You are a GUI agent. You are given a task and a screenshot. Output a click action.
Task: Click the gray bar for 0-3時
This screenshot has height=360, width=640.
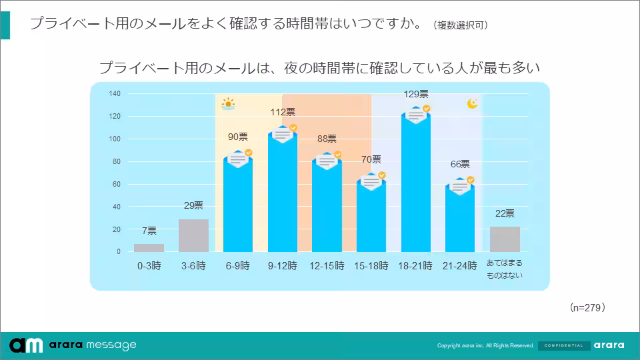pos(149,248)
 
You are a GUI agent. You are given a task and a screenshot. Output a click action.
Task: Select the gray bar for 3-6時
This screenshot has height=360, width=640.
pos(193,235)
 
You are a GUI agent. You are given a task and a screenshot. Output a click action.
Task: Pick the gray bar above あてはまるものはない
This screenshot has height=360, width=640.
pos(505,239)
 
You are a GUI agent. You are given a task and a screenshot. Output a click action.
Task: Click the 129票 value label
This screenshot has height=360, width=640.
pos(416,95)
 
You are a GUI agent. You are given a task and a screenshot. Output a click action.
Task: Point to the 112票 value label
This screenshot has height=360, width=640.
pos(283,113)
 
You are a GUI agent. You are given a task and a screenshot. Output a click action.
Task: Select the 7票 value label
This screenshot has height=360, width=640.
pos(149,231)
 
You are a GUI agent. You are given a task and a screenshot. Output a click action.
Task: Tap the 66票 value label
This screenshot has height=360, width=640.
pos(460,164)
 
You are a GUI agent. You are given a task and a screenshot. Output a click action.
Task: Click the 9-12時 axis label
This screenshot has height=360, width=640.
pos(282,265)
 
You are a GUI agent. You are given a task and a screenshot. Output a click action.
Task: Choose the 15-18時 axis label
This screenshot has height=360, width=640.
pos(371,265)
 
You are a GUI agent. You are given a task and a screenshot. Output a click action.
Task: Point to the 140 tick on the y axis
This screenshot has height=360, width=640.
pos(115,94)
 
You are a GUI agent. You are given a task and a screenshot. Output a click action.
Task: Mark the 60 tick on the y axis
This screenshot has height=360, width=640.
pos(117,185)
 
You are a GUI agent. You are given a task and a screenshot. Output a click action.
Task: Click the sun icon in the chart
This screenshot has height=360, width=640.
pos(228,103)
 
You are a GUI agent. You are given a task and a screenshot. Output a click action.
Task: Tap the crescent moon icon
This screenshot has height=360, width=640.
pos(473,103)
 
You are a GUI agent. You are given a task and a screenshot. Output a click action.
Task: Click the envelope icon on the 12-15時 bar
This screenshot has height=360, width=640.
pos(327,161)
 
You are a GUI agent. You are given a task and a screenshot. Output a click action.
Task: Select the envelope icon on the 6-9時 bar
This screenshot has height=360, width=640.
pos(238,159)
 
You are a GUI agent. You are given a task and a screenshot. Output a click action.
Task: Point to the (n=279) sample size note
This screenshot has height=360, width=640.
pos(587,308)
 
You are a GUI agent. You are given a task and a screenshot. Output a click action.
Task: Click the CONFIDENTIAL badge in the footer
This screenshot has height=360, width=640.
pos(563,345)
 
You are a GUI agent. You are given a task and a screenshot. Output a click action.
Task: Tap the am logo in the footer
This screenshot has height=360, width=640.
pos(27,345)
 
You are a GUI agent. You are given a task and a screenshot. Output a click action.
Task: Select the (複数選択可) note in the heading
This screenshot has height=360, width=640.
pos(461,25)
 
